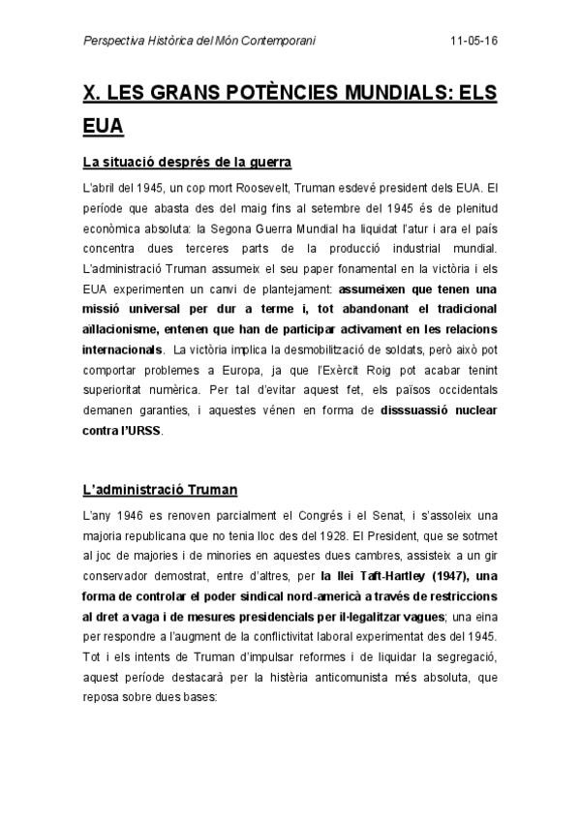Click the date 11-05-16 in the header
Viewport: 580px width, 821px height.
pos(474,43)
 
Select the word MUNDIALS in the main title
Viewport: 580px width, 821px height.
pos(387,94)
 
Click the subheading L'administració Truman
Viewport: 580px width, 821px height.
pos(160,490)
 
